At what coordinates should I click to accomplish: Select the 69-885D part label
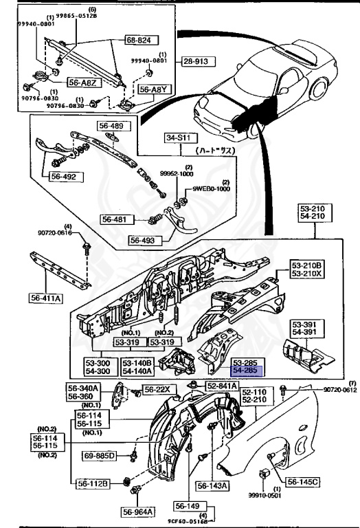pos(100,455)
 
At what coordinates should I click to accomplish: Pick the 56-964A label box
pos(139,511)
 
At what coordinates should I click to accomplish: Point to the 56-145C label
pos(303,482)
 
